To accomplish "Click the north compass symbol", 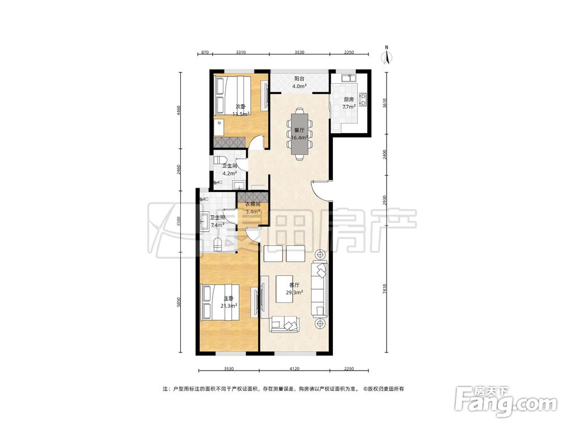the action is pos(387,56).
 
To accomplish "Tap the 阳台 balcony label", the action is pos(299,78).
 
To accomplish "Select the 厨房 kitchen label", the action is pos(349,99).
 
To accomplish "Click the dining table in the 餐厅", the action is pos(299,133).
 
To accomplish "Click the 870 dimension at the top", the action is pos(205,52).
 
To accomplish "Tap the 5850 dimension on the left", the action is pos(178,305).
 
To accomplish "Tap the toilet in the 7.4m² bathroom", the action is pos(218,245).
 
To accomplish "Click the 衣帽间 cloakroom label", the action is pos(253,205).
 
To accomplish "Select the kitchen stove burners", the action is pos(363,99).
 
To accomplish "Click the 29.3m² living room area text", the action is pos(294,292).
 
